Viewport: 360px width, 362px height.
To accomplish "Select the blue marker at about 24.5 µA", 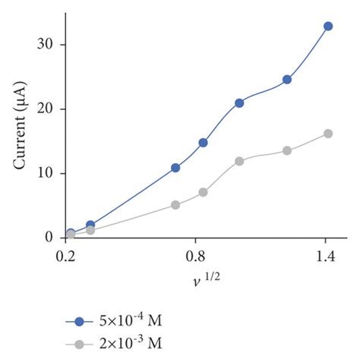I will click(287, 80).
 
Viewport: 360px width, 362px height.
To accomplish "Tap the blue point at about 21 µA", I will click(239, 103).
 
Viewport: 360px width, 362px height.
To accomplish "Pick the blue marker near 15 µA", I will click(203, 143).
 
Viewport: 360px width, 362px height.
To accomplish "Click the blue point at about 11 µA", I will click(175, 168).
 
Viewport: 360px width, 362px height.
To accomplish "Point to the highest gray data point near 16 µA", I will click(328, 134).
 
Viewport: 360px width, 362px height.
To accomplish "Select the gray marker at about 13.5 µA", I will click(287, 150).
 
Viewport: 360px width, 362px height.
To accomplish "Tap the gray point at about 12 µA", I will click(239, 161).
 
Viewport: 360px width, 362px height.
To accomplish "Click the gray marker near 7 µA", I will click(203, 192).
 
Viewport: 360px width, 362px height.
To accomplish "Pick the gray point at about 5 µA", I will click(175, 205).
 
